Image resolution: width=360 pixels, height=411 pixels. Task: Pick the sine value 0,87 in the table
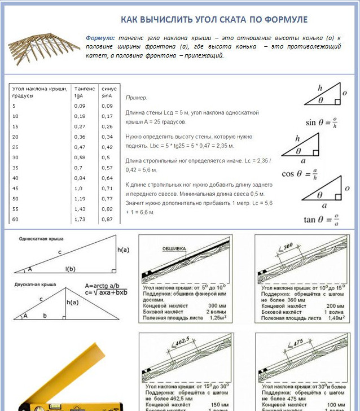[106, 218]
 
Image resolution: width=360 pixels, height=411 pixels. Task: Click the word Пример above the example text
[135, 98]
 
